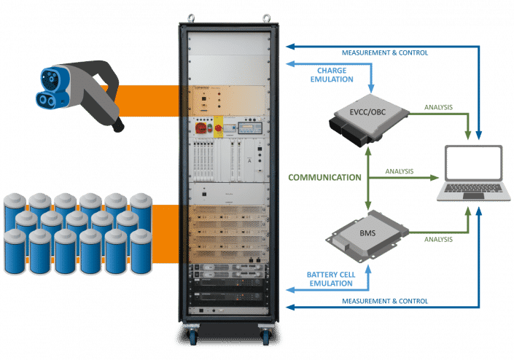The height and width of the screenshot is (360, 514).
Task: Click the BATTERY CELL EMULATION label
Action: click(x=324, y=276)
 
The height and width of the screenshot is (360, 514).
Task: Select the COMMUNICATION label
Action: click(x=324, y=176)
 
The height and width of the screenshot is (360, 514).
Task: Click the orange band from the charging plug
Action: click(x=149, y=98)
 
